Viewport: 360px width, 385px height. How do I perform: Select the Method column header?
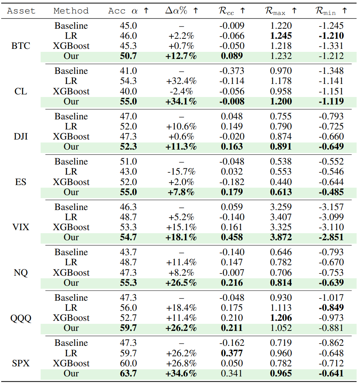coord(71,11)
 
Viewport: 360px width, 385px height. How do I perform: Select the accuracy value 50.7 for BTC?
coord(128,56)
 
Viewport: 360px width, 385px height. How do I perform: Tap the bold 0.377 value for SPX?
coord(231,353)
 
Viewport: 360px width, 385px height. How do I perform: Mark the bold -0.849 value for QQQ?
coord(331,308)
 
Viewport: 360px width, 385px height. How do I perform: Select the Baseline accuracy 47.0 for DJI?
coord(128,116)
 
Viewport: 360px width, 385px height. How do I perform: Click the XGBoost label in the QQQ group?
coord(71,318)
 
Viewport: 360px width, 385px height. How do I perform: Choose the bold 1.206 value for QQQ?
coord(281,318)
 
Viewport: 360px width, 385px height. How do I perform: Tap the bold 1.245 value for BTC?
coord(281,36)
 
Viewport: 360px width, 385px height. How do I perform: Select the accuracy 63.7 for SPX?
coord(128,373)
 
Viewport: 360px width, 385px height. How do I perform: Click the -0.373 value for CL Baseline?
coord(231,71)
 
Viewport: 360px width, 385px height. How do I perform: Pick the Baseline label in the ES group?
coord(71,162)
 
